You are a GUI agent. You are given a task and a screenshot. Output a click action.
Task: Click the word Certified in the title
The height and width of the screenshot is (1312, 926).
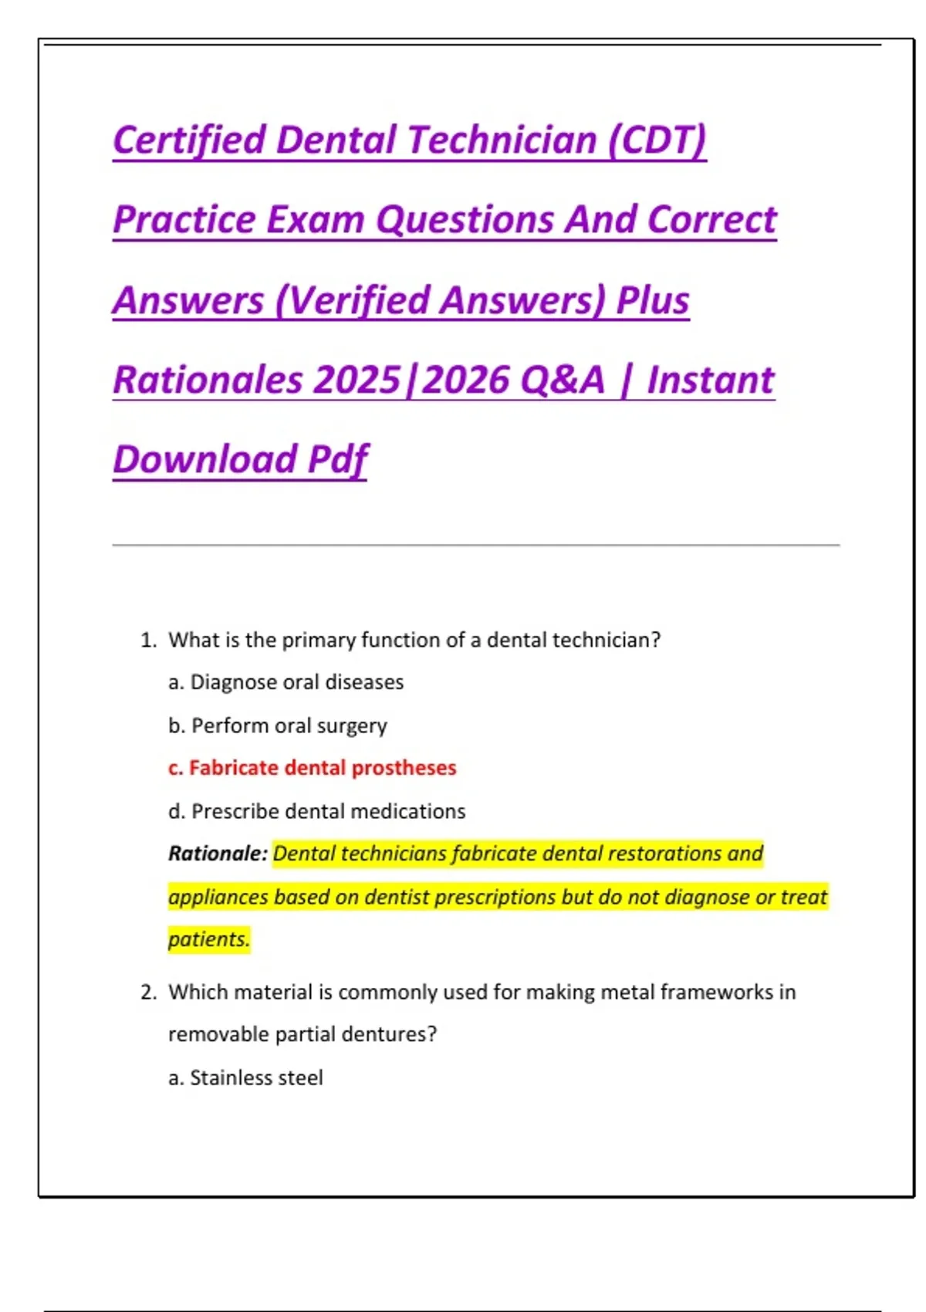(189, 140)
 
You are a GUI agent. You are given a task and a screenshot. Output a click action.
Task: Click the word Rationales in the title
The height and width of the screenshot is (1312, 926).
(208, 380)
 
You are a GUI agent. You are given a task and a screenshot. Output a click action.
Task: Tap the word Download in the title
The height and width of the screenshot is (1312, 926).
(204, 460)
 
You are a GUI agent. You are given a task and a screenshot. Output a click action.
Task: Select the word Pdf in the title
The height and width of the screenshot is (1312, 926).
(337, 460)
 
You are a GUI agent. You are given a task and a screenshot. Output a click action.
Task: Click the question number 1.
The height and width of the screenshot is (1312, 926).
(147, 641)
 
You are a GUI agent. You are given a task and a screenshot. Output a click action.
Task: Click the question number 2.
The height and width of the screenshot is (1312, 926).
(147, 992)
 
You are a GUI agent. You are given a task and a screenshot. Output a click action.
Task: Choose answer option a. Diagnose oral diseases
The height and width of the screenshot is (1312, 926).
(286, 682)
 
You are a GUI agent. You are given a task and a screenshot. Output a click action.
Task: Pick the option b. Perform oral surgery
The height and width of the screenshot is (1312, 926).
(278, 725)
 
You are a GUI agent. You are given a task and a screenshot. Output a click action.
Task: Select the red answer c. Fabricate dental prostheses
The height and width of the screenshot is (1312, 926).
(312, 768)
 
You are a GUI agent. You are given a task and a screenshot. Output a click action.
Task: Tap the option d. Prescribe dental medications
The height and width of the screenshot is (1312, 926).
(316, 811)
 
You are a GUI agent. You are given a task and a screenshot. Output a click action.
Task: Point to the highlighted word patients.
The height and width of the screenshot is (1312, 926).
(209, 939)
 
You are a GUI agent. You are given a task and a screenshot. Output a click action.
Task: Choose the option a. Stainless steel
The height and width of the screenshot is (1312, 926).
(245, 1077)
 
